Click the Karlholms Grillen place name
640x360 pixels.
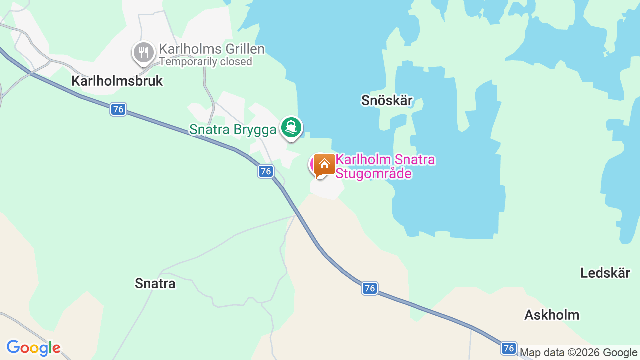tap(211, 49)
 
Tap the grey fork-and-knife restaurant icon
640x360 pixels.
tap(143, 52)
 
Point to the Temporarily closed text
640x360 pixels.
tap(205, 62)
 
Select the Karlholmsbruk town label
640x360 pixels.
tap(117, 81)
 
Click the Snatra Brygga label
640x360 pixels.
tap(232, 130)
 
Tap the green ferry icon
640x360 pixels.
tap(291, 127)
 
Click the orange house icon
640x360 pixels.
tap(324, 164)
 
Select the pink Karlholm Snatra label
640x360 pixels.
tap(385, 160)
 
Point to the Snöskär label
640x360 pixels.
tap(387, 100)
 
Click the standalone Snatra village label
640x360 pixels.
tap(155, 284)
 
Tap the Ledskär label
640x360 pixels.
tap(605, 273)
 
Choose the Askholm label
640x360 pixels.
tap(552, 315)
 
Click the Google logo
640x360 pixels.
tap(33, 348)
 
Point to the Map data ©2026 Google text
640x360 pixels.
tap(578, 353)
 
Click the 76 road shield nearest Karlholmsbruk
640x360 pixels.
tap(118, 109)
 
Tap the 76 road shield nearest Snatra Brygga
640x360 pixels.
tap(266, 171)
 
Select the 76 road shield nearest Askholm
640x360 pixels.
tap(509, 348)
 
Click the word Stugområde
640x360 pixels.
tap(373, 174)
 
